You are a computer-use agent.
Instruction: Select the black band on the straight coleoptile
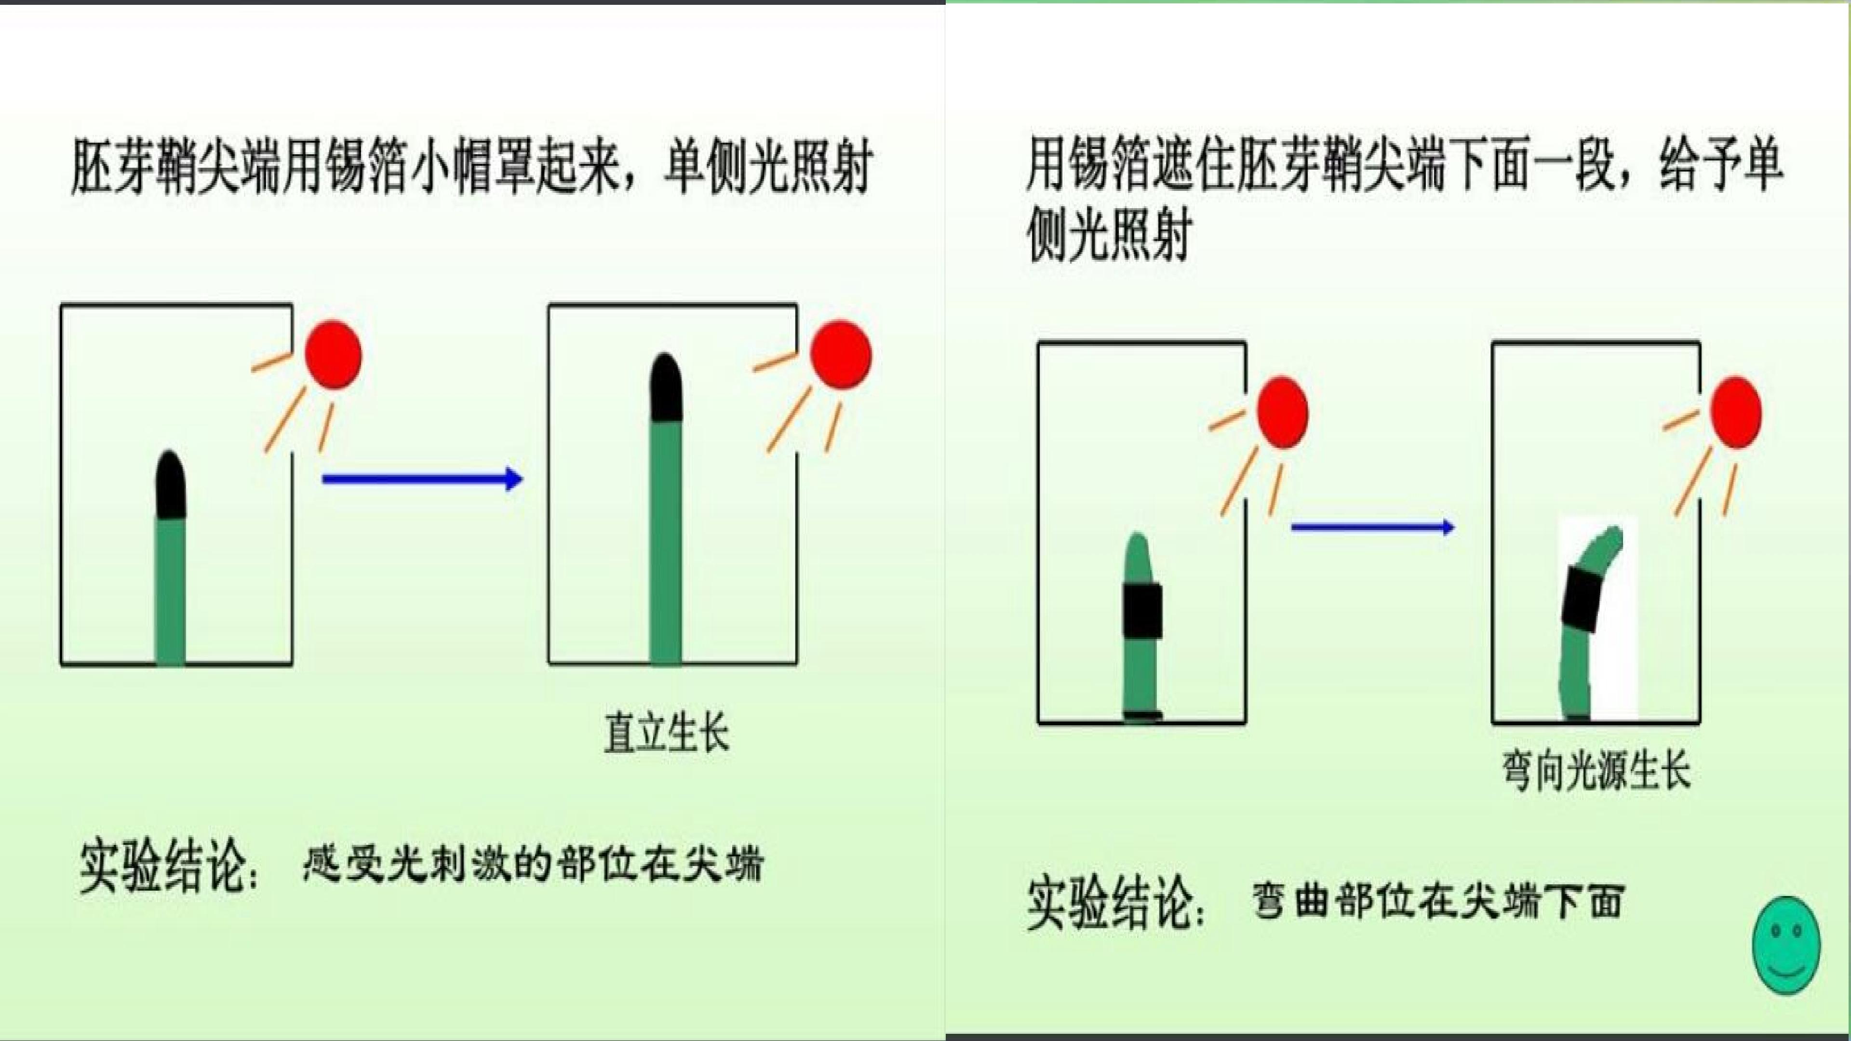coord(1142,612)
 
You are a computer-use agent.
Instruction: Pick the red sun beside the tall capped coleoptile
coord(841,355)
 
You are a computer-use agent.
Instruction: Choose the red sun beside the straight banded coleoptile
coord(1282,413)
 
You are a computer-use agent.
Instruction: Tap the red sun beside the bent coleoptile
coord(1736,413)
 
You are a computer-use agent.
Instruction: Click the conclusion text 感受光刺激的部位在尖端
coord(532,864)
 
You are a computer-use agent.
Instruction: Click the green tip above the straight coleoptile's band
coord(1139,559)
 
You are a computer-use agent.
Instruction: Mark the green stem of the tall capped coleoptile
coord(666,542)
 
